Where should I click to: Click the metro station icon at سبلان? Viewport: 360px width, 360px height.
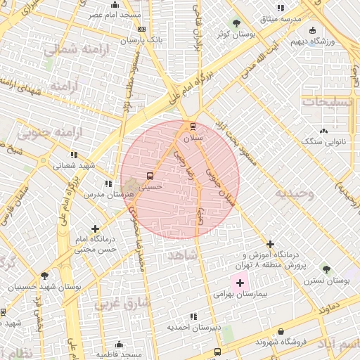tap(193, 127)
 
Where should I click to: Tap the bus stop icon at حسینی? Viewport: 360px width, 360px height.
tap(150, 176)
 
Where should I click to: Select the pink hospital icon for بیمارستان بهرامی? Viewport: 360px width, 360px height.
tap(240, 283)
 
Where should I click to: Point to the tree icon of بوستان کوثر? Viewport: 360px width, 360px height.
tap(236, 22)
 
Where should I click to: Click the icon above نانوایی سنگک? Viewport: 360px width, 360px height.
tap(323, 131)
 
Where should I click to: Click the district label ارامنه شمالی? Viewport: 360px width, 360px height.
tap(70, 49)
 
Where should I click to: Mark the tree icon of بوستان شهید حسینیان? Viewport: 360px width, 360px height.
tap(45, 276)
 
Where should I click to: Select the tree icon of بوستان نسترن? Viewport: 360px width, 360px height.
tap(326, 269)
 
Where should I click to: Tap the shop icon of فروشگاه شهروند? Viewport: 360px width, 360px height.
tap(281, 332)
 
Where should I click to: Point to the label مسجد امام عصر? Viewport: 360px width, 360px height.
tap(115, 14)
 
